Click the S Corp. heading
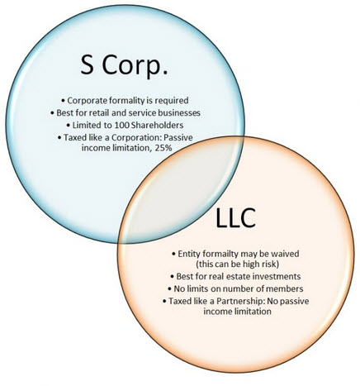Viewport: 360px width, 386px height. tap(124, 65)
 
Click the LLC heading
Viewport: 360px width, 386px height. tap(235, 218)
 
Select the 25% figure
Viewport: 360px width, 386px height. tap(163, 148)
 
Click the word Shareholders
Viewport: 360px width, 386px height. tap(158, 125)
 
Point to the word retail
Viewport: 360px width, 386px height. tap(99, 112)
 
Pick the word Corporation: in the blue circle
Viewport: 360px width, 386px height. tap(134, 137)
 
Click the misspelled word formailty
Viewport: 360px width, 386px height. tap(214, 254)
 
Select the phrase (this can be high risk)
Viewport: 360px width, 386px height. tap(238, 264)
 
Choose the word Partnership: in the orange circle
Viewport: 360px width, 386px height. tap(240, 301)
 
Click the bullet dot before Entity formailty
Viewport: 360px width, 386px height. tap(173, 254)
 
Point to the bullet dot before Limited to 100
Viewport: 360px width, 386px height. tap(69, 126)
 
